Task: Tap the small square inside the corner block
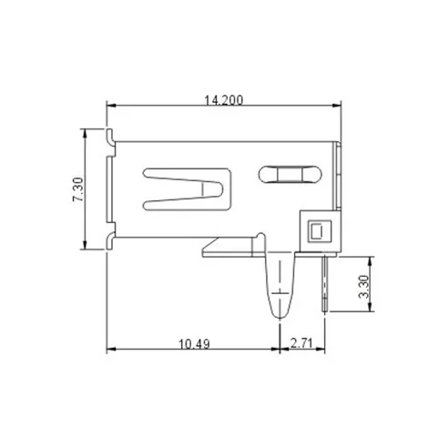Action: point(317,230)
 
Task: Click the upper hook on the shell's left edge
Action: point(111,137)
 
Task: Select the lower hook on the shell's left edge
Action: point(111,240)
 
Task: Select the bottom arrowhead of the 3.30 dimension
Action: point(372,310)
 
